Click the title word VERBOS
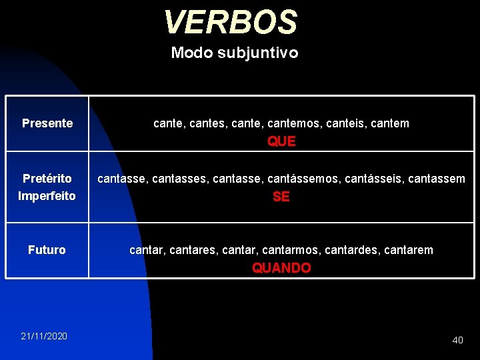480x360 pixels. click(x=230, y=22)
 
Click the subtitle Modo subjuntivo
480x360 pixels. click(x=235, y=53)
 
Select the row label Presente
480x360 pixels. click(x=47, y=123)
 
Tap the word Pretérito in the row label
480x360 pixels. click(x=47, y=179)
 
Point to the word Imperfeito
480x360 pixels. click(x=47, y=196)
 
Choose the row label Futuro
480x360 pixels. click(x=47, y=250)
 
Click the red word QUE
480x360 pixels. click(x=281, y=141)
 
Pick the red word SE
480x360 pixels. click(x=281, y=197)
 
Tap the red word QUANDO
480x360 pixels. click(x=281, y=268)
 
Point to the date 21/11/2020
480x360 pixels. click(x=44, y=336)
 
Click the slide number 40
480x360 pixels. click(x=457, y=340)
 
